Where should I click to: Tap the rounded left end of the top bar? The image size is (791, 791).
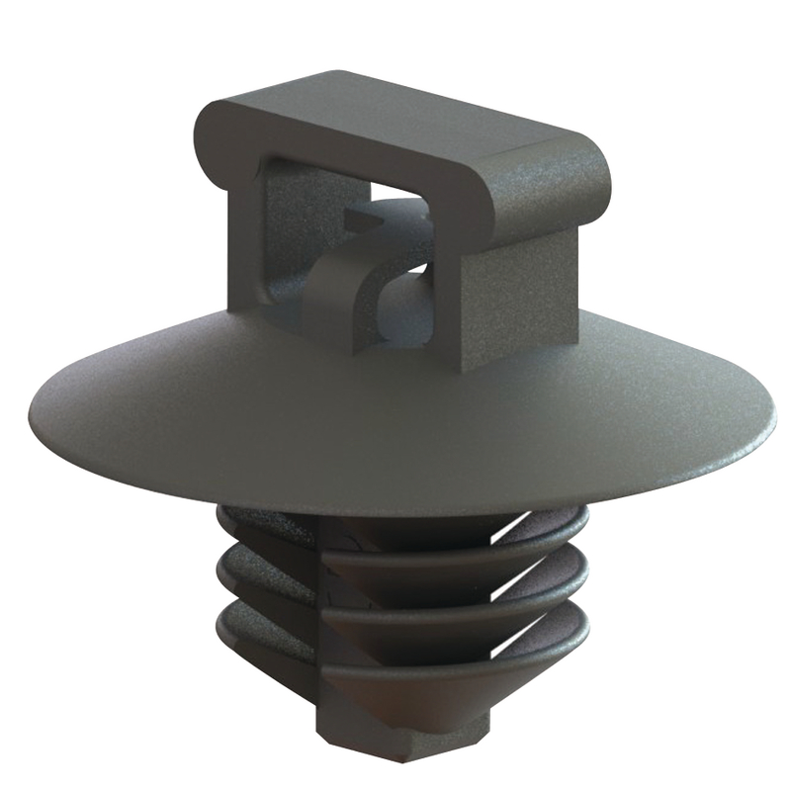point(210,133)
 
